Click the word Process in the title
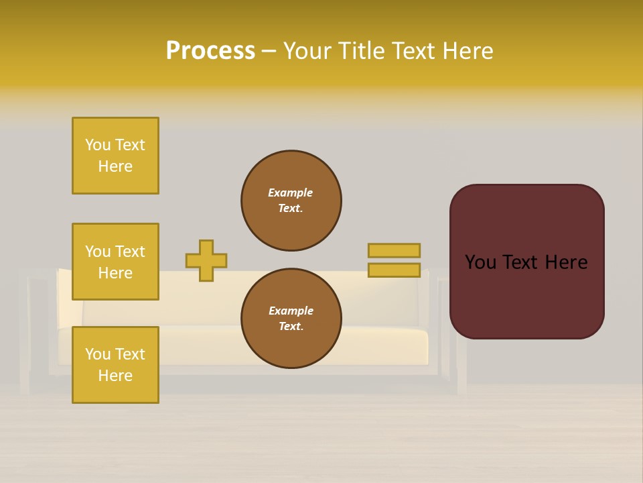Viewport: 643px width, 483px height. (x=210, y=51)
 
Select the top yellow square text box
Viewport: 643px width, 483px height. (x=115, y=156)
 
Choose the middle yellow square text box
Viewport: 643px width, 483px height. (x=115, y=262)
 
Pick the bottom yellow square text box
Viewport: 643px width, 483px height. (x=115, y=365)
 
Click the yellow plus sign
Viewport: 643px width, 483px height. (x=206, y=260)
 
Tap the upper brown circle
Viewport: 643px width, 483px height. (x=291, y=201)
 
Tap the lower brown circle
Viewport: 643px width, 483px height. (x=291, y=319)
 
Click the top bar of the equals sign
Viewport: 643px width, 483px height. (x=394, y=250)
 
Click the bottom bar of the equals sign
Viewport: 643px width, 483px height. (x=394, y=270)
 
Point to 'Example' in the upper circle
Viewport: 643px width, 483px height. (x=291, y=193)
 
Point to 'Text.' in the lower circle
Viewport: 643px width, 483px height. (x=291, y=327)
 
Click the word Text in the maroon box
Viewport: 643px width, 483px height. (x=516, y=262)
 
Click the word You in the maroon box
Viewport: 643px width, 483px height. (x=480, y=262)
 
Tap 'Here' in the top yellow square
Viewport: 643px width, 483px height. (x=115, y=167)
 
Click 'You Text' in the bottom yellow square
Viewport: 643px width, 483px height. (x=115, y=354)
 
